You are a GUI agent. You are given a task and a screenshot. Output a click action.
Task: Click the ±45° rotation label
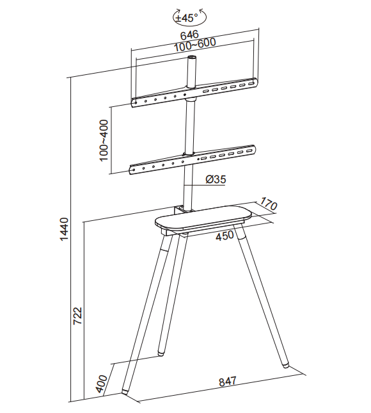(187, 18)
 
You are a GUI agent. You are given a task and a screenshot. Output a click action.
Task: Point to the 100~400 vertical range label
(104, 140)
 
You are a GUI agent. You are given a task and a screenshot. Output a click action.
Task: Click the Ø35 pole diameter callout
(216, 179)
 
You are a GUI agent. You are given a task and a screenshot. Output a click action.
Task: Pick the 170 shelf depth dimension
(269, 205)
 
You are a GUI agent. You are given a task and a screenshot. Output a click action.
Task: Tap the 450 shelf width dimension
(225, 235)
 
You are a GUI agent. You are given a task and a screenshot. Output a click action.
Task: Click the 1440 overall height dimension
(64, 229)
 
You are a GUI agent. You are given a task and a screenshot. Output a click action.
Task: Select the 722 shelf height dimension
(77, 316)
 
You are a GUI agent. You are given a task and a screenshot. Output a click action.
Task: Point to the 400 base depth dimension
(102, 384)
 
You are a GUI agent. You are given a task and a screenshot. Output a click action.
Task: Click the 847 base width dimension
(228, 381)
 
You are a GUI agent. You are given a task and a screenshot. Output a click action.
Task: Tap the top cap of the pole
(191, 58)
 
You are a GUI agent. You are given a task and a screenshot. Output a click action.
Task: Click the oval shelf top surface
(203, 217)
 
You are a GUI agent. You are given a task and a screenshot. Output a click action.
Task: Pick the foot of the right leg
(285, 366)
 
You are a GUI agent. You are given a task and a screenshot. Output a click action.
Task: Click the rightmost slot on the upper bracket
(251, 85)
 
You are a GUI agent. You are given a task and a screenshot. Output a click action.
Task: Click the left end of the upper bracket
(134, 102)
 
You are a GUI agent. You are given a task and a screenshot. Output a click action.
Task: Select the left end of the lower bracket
(132, 170)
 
